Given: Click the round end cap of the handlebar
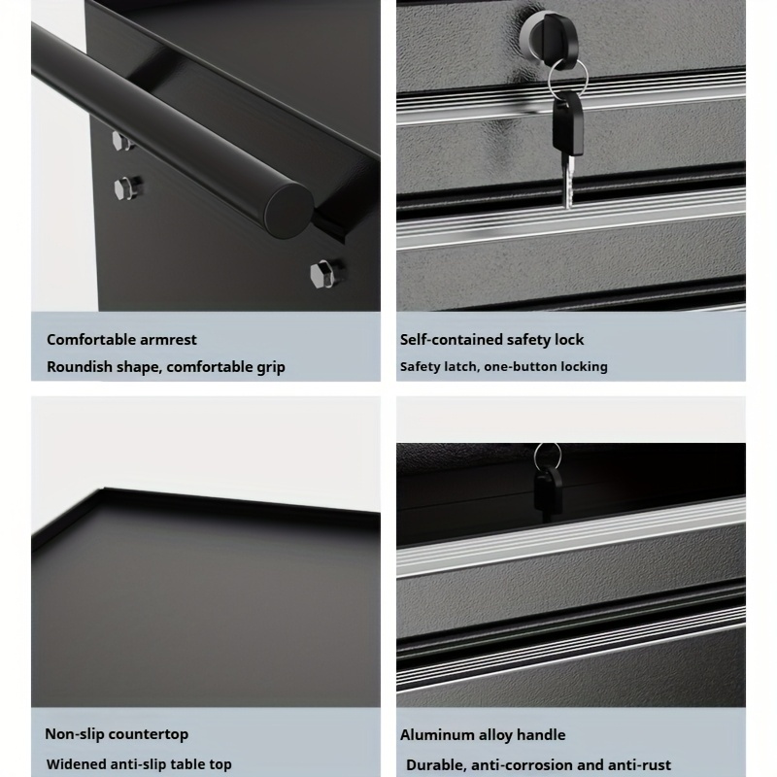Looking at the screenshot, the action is coord(288,210).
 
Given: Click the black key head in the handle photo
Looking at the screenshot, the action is coord(548,491).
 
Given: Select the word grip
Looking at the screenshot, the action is coord(269,368).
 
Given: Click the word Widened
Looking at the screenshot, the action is coord(76,764).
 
